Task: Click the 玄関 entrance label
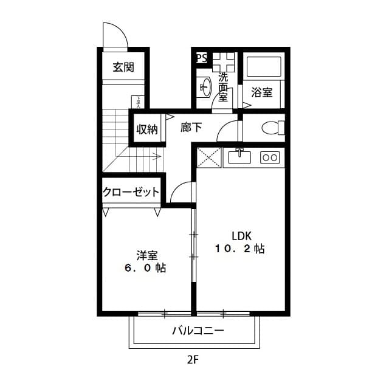pos(123,67)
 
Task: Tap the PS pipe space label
pos(201,58)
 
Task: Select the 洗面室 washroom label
pos(223,87)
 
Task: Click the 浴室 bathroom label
pos(262,92)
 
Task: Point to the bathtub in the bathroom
pos(263,66)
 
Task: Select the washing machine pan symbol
pos(222,61)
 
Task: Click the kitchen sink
pos(239,157)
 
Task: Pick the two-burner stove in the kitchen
pos(269,157)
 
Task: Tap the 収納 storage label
pos(146,129)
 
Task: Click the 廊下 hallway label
pos(191,128)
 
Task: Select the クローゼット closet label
pos(131,192)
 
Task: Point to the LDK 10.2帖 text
pos(239,243)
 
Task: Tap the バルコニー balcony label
pos(198,331)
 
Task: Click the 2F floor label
pos(193,359)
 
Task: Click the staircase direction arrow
pos(146,156)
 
